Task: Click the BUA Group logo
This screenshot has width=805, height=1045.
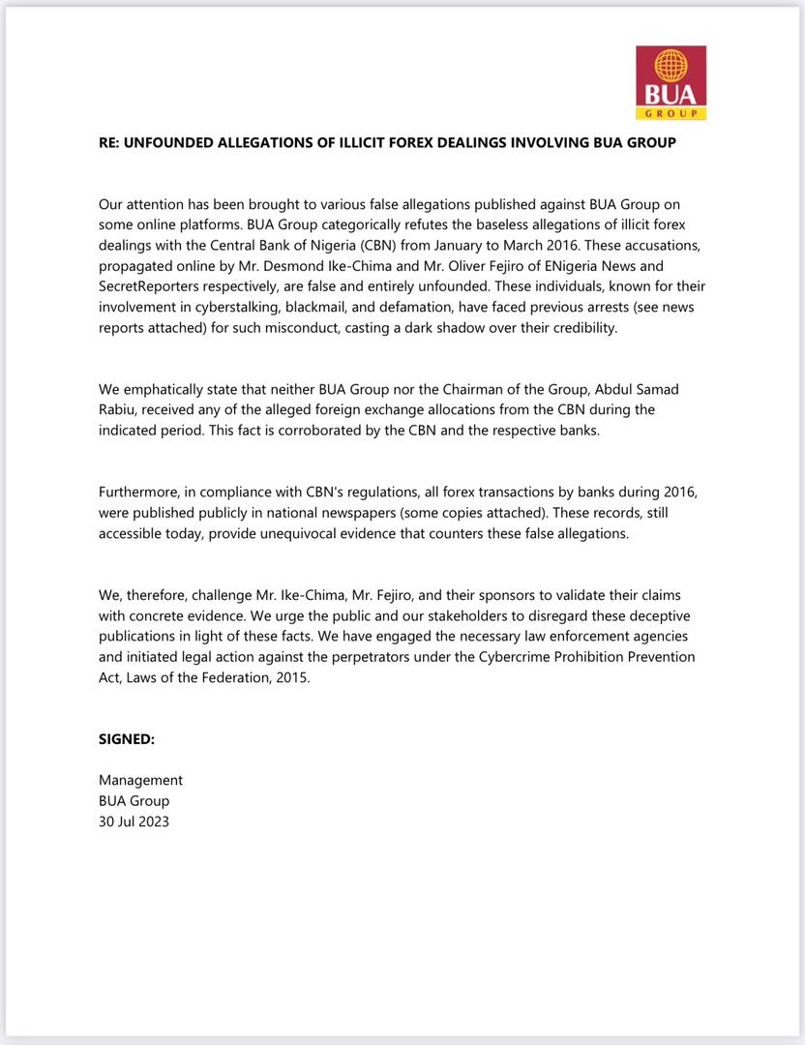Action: click(671, 82)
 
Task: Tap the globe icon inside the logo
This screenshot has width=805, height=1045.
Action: click(671, 66)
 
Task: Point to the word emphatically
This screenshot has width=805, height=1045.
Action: click(166, 389)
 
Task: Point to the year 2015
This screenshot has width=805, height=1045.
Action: click(288, 678)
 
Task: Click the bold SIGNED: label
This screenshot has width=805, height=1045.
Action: click(127, 739)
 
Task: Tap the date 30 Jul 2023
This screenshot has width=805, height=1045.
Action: click(134, 821)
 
